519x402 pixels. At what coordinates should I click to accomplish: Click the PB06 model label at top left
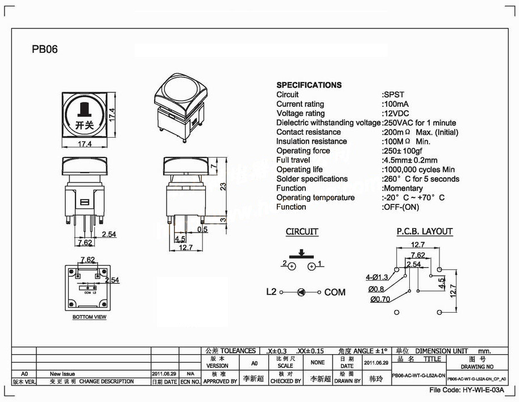pyautogui.click(x=45, y=49)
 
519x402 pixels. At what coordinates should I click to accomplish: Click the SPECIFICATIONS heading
pyautogui.click(x=309, y=85)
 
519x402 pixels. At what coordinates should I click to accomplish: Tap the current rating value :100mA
pyautogui.click(x=397, y=104)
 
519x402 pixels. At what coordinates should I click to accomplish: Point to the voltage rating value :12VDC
pyautogui.click(x=397, y=113)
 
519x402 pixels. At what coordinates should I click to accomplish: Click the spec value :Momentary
pyautogui.click(x=402, y=188)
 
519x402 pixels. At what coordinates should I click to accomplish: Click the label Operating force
pyautogui.click(x=303, y=151)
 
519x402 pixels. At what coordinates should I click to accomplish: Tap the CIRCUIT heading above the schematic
pyautogui.click(x=302, y=232)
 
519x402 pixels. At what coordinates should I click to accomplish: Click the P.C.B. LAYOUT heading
pyautogui.click(x=424, y=231)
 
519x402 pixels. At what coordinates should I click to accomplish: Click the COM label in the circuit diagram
pyautogui.click(x=335, y=292)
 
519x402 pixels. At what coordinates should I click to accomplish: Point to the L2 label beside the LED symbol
pyautogui.click(x=271, y=292)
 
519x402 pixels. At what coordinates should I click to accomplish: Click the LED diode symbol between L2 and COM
pyautogui.click(x=301, y=292)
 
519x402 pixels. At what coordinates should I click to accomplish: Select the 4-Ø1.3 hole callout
pyautogui.click(x=377, y=277)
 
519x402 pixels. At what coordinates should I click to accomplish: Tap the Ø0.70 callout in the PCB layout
pyautogui.click(x=380, y=299)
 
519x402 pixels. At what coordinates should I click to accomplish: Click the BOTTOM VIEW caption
pyautogui.click(x=90, y=317)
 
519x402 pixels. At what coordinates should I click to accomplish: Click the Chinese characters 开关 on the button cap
pyautogui.click(x=84, y=124)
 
